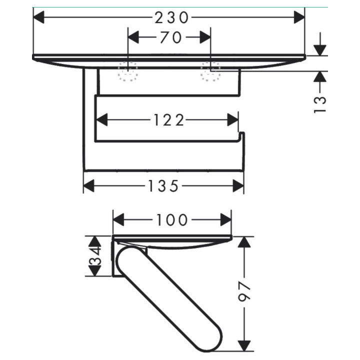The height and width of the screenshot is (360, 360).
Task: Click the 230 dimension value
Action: coord(171,17)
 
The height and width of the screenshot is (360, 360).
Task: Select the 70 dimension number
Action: coord(171,37)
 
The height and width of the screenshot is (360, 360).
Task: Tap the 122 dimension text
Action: coord(169,120)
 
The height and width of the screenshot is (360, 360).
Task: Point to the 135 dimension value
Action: coord(163,185)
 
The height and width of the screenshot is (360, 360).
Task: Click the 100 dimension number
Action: coord(172,219)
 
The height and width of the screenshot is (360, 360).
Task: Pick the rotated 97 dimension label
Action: coord(244,291)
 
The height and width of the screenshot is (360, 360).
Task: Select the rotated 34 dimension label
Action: coord(95,256)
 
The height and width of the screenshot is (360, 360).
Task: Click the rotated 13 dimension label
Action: coord(320,104)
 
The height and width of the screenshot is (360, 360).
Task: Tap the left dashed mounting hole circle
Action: coord(128,71)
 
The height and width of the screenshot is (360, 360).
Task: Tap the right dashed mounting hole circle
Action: coord(210,71)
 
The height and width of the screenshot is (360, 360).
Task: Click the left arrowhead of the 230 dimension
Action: coord(38,17)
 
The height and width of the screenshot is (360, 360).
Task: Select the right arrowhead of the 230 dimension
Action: coord(299,17)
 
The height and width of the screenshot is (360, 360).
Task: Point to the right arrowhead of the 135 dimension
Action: coord(238,185)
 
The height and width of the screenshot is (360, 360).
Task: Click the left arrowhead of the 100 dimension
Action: coord(118,219)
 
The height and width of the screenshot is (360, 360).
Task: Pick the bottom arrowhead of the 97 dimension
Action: coord(244,345)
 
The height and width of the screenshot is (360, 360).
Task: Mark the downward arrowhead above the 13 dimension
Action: coord(320,50)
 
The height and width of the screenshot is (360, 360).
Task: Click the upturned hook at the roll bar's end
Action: coord(241,135)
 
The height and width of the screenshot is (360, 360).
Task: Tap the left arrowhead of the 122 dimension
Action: coord(102,120)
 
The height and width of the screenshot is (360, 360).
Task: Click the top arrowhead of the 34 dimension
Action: coord(95,242)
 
